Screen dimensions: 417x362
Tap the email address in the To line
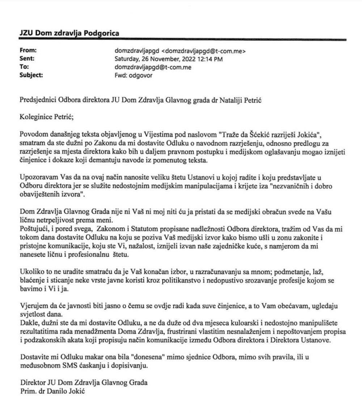click(x=153, y=67)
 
